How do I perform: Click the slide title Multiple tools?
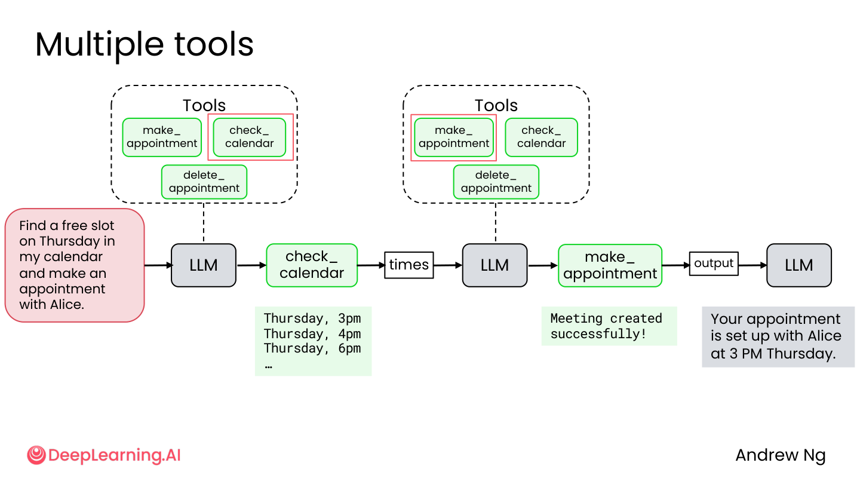coord(145,45)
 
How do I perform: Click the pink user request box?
coord(75,265)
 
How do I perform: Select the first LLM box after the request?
coord(204,265)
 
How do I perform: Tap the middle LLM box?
coord(495,265)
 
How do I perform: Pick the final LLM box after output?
coord(799,265)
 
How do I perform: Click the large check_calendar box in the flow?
coord(312,265)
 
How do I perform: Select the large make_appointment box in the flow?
coord(610,265)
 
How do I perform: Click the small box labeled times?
coord(409,265)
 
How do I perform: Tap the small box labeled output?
coord(714,264)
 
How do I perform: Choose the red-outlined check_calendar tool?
coord(250,137)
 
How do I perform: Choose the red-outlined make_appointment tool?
coord(454,137)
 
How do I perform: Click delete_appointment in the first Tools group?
coord(204,182)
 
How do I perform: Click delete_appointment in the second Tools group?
coord(496,182)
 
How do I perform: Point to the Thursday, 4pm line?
coord(312,333)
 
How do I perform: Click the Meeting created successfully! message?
coord(606,326)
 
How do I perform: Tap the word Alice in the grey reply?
coord(825,336)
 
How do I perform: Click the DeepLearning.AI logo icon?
coord(36,455)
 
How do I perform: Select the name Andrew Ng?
coord(781,455)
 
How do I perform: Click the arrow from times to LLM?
coord(448,265)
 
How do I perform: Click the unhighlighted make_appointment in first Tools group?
coord(162,137)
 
